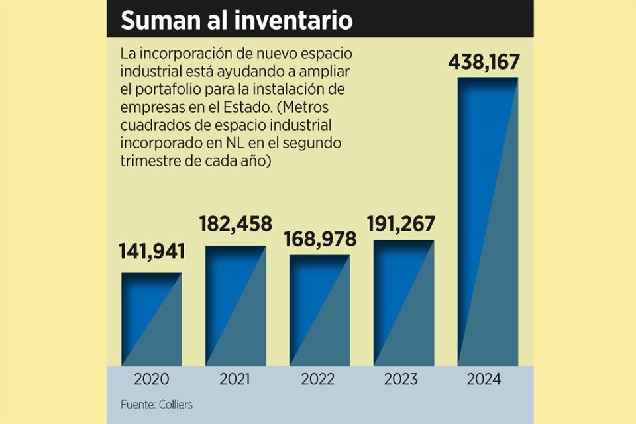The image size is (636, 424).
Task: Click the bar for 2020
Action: pos(152,319)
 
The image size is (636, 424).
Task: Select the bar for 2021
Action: pos(236,305)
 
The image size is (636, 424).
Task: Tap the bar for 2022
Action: pos(320,310)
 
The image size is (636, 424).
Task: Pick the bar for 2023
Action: pos(404,302)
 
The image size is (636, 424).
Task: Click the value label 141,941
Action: pos(152,252)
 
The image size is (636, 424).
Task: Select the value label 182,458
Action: pos(236,224)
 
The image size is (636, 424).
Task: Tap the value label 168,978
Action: pos(320,238)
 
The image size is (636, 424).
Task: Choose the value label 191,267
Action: pos(404,223)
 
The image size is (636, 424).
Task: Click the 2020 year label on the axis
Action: pos(152,380)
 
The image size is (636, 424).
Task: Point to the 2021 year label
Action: pos(236,380)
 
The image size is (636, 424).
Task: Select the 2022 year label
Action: pos(320,380)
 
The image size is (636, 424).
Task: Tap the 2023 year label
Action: pos(404,380)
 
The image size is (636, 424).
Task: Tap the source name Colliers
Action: pos(176,405)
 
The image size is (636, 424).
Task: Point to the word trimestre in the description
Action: pos(148,160)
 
